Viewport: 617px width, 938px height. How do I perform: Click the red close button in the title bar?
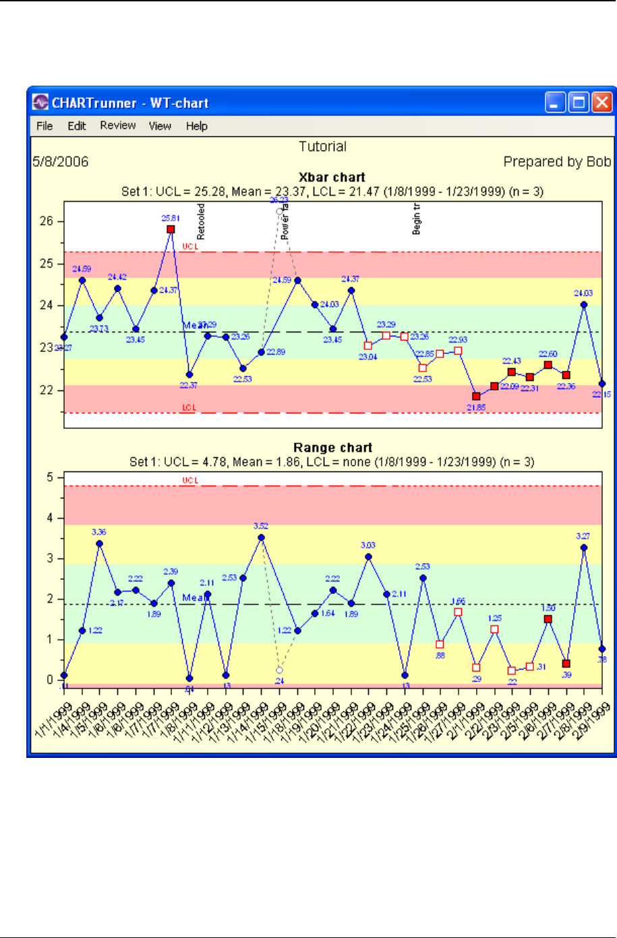[x=601, y=102]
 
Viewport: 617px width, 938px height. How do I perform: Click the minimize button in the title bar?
[x=556, y=102]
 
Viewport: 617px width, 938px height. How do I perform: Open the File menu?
[x=45, y=126]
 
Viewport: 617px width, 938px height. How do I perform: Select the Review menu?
[x=118, y=126]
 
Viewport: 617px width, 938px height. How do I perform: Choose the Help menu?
[x=197, y=126]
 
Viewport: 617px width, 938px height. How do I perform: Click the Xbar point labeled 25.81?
[x=171, y=230]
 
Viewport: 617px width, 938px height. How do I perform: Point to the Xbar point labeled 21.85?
[x=476, y=397]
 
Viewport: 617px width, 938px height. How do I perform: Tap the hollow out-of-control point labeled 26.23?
[x=279, y=211]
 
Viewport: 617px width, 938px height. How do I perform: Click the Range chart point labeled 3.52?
[x=261, y=537]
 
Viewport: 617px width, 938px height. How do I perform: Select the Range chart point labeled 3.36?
[x=100, y=544]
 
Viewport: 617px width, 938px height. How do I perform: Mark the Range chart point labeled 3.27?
[x=584, y=548]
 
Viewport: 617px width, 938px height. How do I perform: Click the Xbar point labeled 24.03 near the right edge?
[x=584, y=305]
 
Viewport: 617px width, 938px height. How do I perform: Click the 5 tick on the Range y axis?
[x=49, y=477]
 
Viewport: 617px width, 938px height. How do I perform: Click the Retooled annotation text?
[x=201, y=222]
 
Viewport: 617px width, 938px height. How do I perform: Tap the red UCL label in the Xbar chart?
[x=190, y=247]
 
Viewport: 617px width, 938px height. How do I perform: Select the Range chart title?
[x=332, y=448]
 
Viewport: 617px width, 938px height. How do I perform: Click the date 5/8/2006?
[x=61, y=162]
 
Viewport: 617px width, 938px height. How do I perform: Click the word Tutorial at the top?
[x=322, y=146]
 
